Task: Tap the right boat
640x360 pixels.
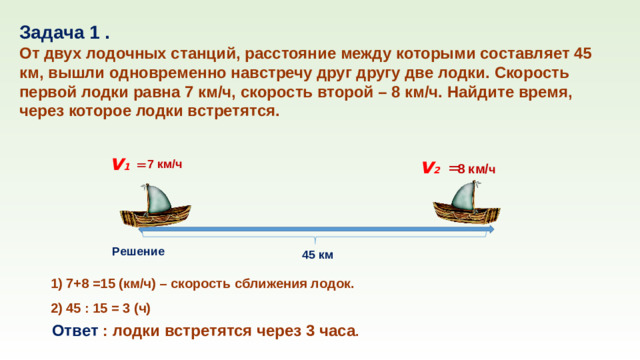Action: tap(466, 212)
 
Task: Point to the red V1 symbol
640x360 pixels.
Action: tap(121, 164)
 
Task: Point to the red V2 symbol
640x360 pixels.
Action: tap(431, 168)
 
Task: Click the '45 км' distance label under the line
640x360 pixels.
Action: tap(319, 255)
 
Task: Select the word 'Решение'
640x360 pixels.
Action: tap(139, 251)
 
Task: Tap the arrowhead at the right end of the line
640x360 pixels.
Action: tap(489, 230)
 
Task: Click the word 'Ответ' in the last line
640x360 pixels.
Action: tap(75, 331)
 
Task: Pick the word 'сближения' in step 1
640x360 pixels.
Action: tap(288, 283)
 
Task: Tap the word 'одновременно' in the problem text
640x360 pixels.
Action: tap(195, 73)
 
